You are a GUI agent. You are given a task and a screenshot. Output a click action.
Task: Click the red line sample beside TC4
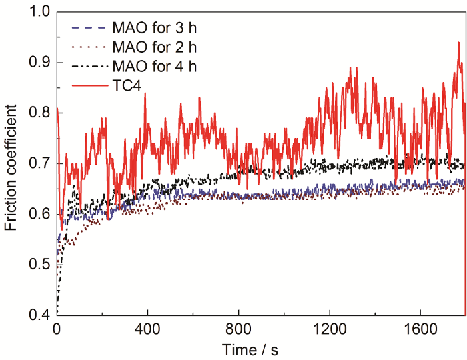point(89,85)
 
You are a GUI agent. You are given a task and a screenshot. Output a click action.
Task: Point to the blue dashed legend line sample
point(89,29)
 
